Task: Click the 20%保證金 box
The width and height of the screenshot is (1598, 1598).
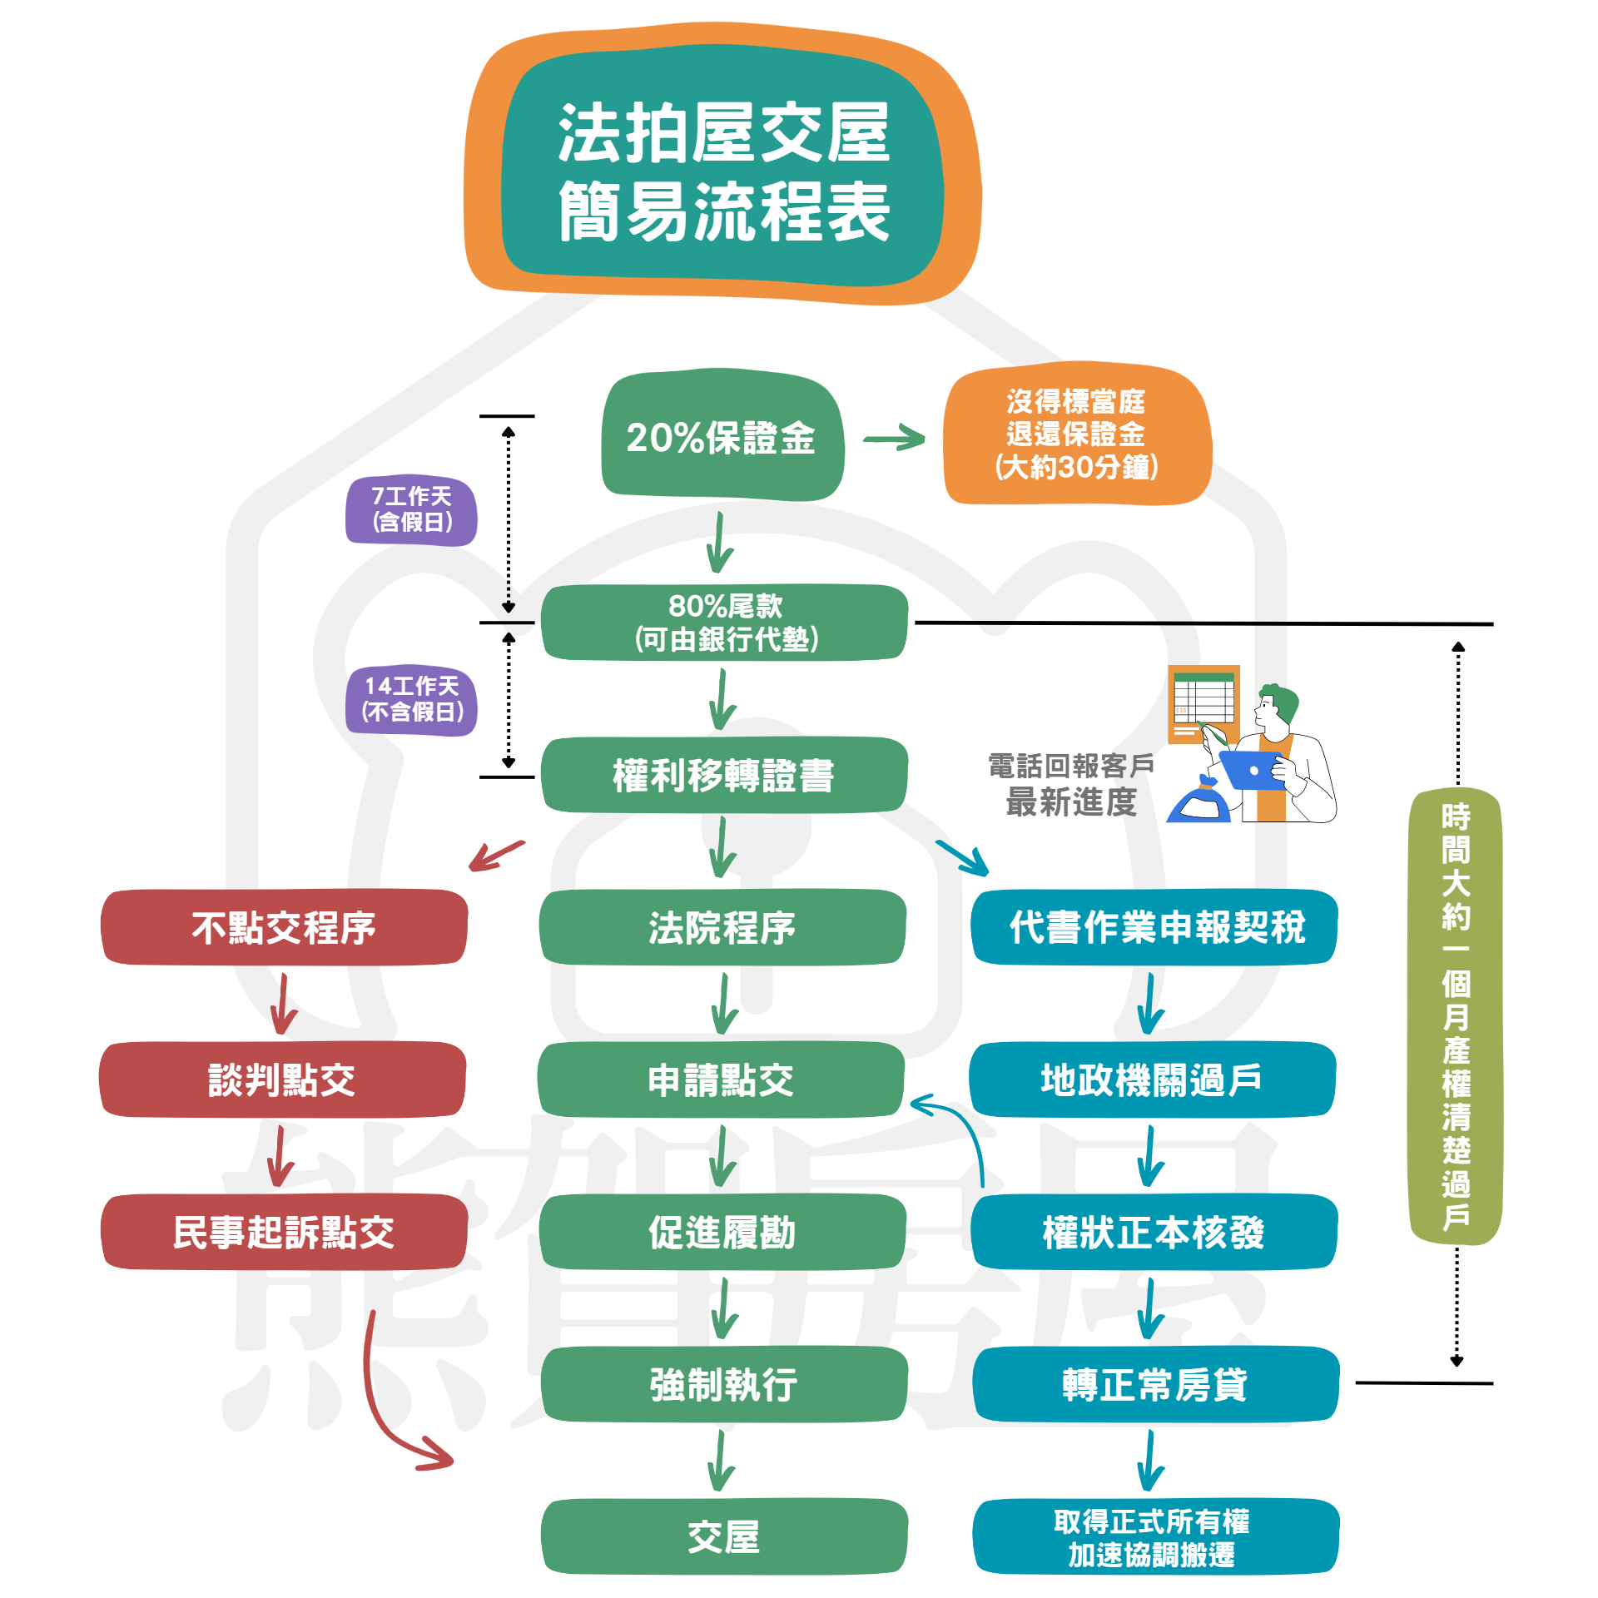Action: pyautogui.click(x=722, y=436)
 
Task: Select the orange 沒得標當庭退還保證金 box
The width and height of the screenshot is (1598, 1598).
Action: pyautogui.click(x=1076, y=434)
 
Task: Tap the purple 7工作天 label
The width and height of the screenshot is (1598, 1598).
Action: pyautogui.click(x=411, y=509)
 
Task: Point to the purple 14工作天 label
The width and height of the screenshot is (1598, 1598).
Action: pyautogui.click(x=411, y=699)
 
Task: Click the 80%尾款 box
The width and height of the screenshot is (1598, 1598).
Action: pyautogui.click(x=724, y=622)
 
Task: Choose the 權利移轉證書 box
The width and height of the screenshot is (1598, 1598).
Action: pyautogui.click(x=722, y=775)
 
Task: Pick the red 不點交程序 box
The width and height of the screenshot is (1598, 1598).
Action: pyautogui.click(x=283, y=927)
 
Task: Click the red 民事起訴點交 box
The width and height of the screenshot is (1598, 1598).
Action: pyautogui.click(x=283, y=1232)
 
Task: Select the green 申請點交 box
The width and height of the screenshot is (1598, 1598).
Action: pyautogui.click(x=721, y=1079)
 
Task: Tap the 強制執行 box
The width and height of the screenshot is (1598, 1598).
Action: pyautogui.click(x=723, y=1384)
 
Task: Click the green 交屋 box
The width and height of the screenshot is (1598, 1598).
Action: pyautogui.click(x=723, y=1536)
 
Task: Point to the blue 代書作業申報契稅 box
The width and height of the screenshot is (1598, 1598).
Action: pyautogui.click(x=1154, y=927)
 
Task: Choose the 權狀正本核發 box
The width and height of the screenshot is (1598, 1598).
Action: pyautogui.click(x=1154, y=1232)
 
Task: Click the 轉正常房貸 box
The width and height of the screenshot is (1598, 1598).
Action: pyautogui.click(x=1155, y=1384)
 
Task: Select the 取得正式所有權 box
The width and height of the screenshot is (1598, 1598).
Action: pyautogui.click(x=1155, y=1536)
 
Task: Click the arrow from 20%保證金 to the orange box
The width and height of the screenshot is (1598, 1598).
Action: pyautogui.click(x=894, y=438)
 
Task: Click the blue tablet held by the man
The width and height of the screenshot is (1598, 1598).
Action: pyautogui.click(x=1250, y=771)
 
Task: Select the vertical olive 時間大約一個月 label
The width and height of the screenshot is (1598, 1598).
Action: pyautogui.click(x=1455, y=1015)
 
